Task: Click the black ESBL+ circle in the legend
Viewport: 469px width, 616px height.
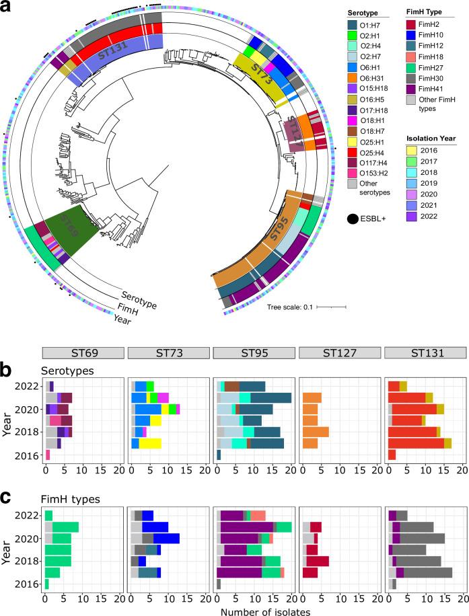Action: click(x=354, y=217)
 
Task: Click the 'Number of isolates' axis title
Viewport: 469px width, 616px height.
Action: click(x=254, y=610)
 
